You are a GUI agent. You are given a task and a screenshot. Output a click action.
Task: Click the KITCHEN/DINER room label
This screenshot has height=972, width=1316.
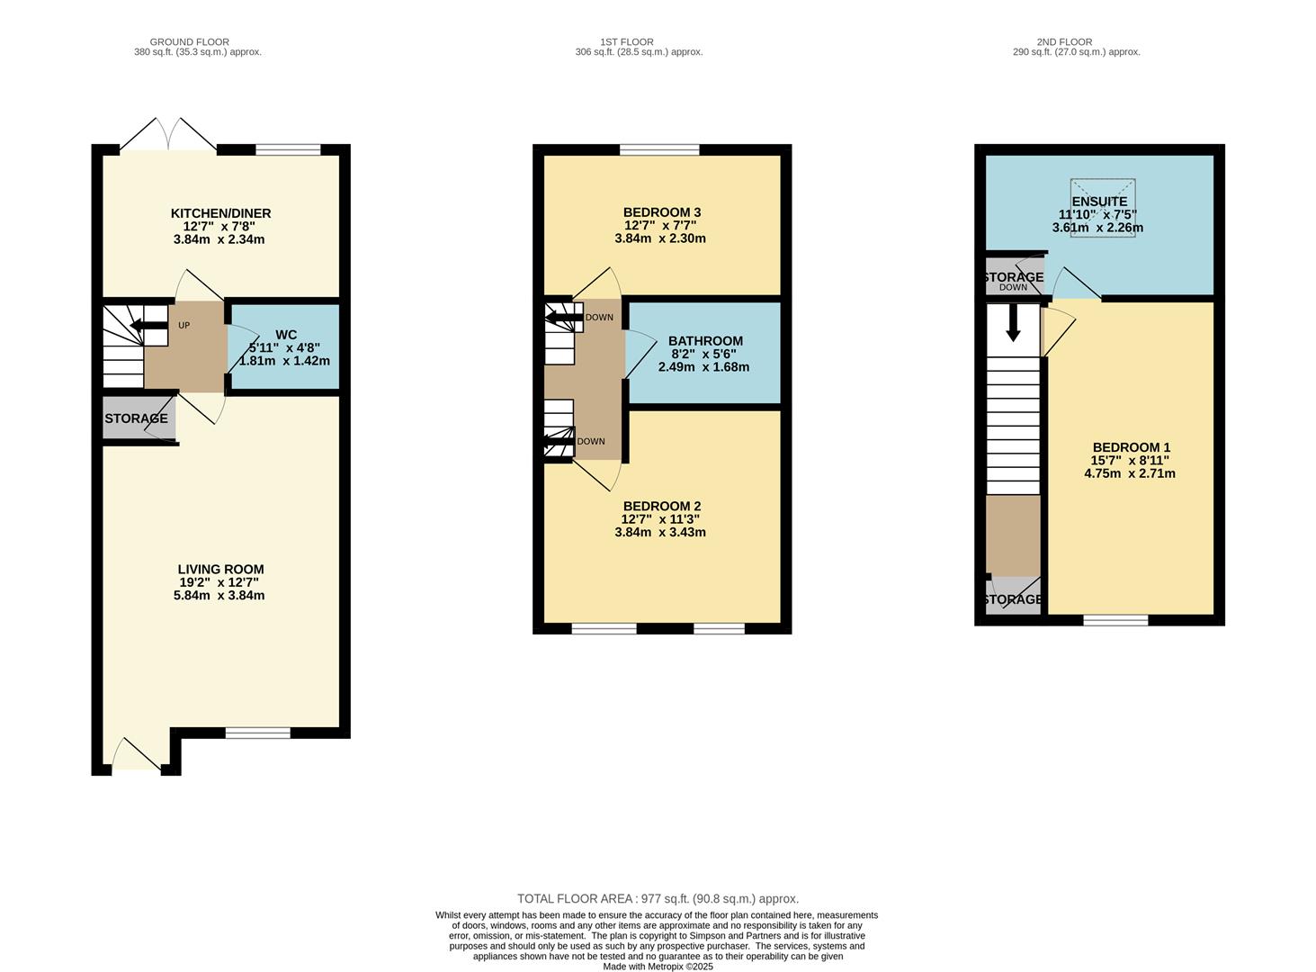click(x=220, y=213)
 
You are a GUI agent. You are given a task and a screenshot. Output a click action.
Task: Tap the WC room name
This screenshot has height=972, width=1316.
click(x=286, y=335)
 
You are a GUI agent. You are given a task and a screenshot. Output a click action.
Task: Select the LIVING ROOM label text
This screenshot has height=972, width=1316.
click(x=220, y=569)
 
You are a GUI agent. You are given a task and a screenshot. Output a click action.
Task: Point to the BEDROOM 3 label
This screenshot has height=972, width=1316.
click(x=661, y=212)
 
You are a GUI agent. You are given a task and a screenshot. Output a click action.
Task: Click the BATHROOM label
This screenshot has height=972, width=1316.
click(x=705, y=341)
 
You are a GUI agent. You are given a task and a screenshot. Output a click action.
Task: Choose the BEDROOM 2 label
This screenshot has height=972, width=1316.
click(x=661, y=506)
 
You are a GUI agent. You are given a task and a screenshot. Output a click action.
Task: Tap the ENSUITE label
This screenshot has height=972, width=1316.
click(x=1099, y=202)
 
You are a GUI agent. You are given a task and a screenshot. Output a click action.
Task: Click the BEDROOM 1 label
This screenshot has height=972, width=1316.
click(x=1131, y=447)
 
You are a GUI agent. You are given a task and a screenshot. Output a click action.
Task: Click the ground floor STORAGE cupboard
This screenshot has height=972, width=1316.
click(x=136, y=418)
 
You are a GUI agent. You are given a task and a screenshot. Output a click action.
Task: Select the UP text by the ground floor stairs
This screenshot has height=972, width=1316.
click(x=184, y=325)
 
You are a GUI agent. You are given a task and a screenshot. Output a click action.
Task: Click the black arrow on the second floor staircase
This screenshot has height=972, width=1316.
click(x=1013, y=323)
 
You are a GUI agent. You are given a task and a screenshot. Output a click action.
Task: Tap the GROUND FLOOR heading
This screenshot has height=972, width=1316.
click(x=189, y=41)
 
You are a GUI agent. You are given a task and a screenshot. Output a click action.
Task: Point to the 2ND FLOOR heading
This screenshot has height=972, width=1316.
click(x=1064, y=41)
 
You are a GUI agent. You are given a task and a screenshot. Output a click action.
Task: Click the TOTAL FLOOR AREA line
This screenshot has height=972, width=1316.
click(x=658, y=898)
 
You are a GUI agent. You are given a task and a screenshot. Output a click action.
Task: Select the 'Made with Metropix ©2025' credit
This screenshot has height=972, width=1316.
click(x=658, y=967)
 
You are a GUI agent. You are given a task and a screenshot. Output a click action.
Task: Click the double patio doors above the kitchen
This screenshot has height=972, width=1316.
click(x=167, y=135)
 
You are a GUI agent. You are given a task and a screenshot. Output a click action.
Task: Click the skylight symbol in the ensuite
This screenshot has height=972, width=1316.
click(x=1103, y=208)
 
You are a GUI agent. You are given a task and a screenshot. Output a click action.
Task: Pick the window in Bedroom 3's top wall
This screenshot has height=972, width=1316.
click(x=659, y=149)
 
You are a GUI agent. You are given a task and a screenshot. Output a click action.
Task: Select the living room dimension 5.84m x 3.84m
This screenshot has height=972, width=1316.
click(x=219, y=595)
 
